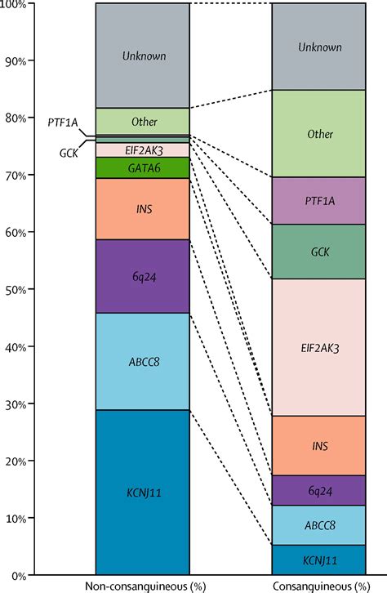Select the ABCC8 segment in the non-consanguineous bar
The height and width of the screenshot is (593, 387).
click(143, 361)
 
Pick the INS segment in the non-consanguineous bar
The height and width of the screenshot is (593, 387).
click(143, 209)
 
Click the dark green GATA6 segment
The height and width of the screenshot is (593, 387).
click(143, 167)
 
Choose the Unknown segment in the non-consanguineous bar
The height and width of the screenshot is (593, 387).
click(143, 56)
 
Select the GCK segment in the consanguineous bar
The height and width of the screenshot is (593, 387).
click(318, 252)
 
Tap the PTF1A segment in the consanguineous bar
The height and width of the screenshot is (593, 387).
click(318, 201)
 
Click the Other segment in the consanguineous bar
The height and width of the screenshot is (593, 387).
click(318, 133)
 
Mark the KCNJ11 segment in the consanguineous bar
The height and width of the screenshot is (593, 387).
click(318, 560)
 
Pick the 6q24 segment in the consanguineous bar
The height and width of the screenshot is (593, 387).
click(318, 490)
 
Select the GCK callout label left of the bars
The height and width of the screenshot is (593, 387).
click(69, 153)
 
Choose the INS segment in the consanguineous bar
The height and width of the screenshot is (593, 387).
click(318, 446)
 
